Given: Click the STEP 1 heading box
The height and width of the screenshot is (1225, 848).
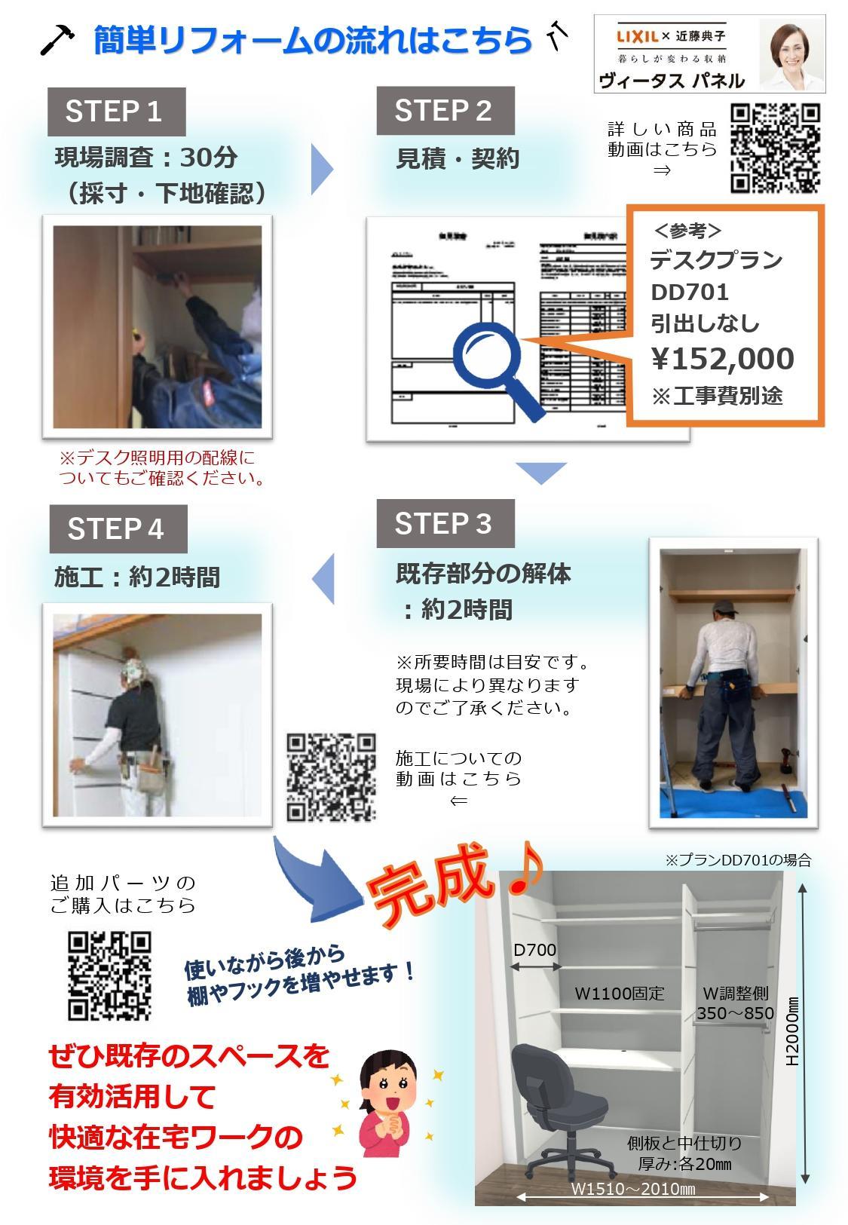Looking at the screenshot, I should tap(115, 112).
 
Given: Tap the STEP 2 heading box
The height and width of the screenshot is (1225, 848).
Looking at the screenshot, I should tap(445, 111).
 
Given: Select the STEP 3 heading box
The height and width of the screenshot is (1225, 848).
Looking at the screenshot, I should tap(445, 523).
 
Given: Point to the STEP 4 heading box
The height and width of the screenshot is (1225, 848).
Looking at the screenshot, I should tap(118, 528).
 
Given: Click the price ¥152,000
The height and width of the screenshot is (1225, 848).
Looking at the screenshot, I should tap(722, 359).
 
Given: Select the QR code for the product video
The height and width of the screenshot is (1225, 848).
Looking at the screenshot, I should tap(775, 149).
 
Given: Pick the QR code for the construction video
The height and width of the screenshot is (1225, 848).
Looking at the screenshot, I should tap(331, 777).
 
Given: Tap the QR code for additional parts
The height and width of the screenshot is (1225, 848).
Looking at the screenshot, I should tap(110, 975).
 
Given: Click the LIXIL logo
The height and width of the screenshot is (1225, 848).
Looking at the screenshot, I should tap(638, 36).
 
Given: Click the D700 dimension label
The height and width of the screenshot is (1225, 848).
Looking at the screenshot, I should tap(535, 950).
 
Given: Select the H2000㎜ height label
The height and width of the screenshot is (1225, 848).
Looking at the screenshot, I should tap(792, 1033).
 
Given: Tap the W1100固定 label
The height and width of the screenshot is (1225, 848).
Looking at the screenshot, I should tap(620, 994).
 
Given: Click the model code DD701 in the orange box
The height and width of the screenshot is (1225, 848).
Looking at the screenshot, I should tap(690, 292).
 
